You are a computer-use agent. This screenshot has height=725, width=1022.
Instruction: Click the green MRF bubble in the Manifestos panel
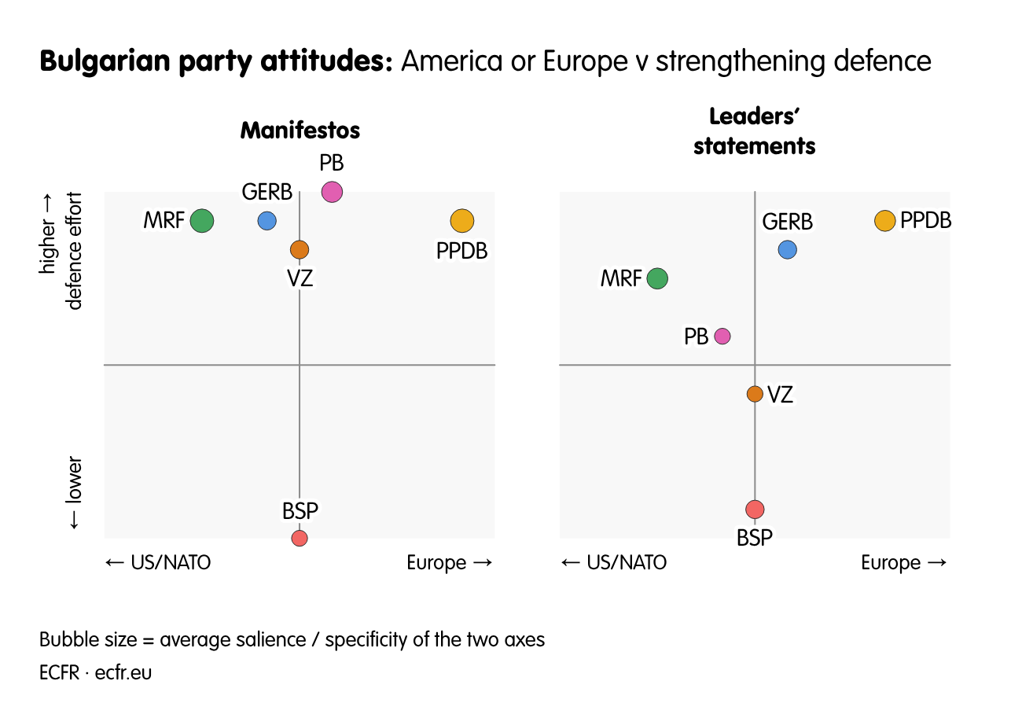point(202,221)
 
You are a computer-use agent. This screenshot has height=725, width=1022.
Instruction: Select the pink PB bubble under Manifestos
point(332,192)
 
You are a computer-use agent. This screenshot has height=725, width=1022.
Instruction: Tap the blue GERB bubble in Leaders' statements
point(787,249)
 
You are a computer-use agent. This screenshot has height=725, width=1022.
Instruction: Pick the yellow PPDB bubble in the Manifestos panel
point(462,221)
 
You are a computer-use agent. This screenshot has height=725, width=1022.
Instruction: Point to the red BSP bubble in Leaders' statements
point(755,510)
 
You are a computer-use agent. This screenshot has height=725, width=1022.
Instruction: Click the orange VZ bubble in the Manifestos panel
point(300,249)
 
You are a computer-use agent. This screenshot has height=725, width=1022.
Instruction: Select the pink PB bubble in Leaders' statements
point(722,336)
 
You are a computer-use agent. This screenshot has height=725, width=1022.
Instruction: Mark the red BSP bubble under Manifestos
point(300,538)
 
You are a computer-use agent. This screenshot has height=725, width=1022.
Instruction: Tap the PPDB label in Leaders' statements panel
point(925,220)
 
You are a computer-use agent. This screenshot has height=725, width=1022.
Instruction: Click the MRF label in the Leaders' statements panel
point(621,278)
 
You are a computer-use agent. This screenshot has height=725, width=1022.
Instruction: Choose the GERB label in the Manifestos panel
point(267,193)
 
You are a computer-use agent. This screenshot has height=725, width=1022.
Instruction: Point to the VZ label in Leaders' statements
point(780,395)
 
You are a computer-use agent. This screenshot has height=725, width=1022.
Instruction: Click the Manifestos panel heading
point(300,130)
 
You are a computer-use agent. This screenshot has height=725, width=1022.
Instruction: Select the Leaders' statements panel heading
point(754,131)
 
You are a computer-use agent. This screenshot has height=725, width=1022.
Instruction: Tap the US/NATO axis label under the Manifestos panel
point(158,562)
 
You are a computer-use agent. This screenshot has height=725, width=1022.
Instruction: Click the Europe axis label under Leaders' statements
point(903,562)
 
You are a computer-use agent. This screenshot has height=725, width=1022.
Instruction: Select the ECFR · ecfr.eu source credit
point(96,673)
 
